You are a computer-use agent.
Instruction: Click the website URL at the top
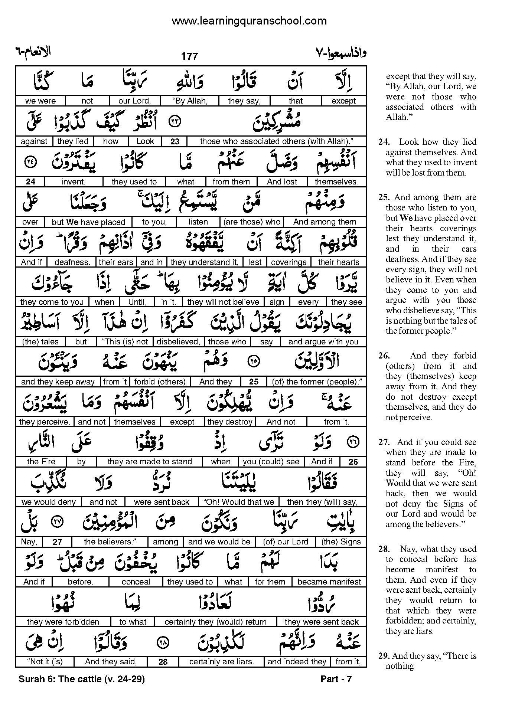coord(249,21)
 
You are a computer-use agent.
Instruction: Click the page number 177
coord(189,56)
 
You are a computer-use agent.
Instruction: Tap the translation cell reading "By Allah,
coord(190,101)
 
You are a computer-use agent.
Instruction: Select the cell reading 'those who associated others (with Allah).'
coord(276,141)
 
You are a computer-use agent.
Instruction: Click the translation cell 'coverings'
coord(289,262)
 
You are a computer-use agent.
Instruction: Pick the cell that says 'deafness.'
coord(72,262)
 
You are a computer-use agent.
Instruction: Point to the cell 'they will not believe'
coord(223,302)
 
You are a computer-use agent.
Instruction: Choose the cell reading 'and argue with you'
coord(323,342)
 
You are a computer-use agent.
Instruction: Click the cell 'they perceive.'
coord(45,422)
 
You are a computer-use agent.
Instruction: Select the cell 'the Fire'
coord(41,462)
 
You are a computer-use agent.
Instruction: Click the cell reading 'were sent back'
coord(162,502)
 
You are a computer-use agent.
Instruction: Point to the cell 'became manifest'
coord(329,582)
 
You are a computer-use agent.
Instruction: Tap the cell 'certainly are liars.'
coord(221,662)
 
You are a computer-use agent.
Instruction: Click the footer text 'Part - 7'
coord(336,679)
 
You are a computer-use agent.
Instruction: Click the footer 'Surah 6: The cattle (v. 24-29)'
coord(81,679)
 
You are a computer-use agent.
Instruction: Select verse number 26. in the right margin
coord(384,356)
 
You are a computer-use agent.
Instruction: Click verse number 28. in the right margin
coord(384,549)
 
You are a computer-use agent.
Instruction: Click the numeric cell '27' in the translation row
coord(57,542)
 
